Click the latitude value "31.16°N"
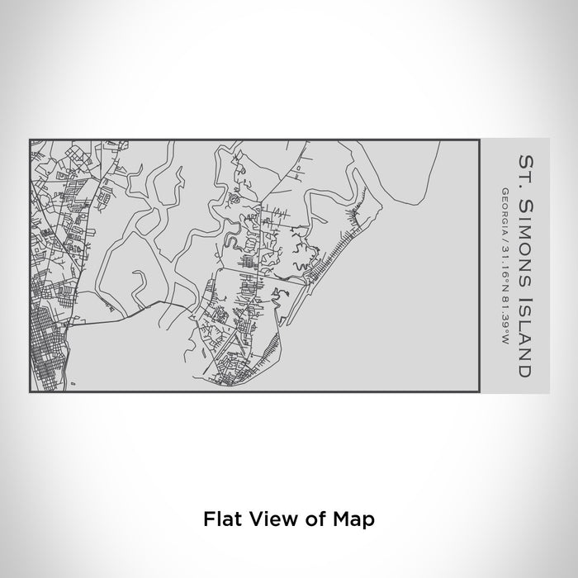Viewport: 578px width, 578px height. coord(503,257)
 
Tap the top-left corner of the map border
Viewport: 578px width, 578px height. coord(30,140)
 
